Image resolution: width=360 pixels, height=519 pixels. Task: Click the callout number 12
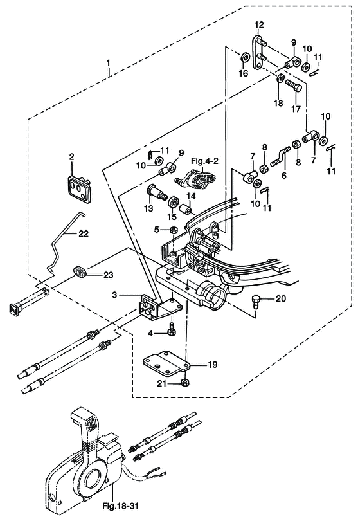pos(260,24)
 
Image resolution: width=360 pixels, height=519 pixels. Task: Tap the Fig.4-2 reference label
pos(205,161)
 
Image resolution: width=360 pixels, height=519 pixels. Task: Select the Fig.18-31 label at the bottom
pos(120,506)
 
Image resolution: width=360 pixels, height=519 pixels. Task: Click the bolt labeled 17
pos(294,87)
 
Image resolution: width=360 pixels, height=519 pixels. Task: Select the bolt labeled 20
pos(256,301)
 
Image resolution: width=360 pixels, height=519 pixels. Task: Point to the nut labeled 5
pos(172,230)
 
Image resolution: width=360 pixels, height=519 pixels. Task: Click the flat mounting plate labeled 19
pos(166,364)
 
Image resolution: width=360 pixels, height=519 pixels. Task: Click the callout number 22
pos(84,233)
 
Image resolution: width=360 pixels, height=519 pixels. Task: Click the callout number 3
pos(114,295)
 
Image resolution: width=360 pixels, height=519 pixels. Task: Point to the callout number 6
pos(284,176)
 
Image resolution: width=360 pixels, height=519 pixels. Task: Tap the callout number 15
pos(172,217)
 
